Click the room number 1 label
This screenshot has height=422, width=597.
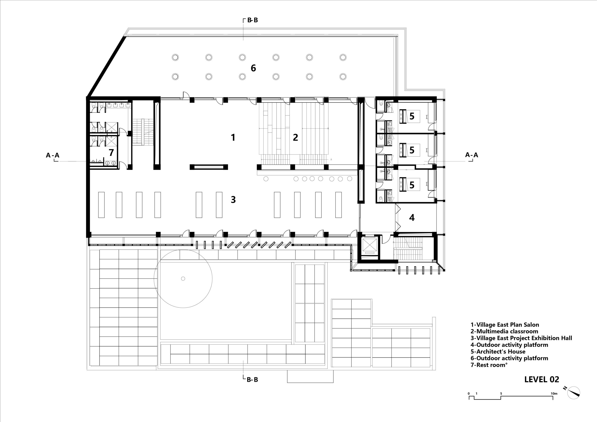tap(233, 137)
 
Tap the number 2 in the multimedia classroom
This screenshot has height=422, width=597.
tap(295, 137)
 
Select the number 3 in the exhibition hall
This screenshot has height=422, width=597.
tap(233, 200)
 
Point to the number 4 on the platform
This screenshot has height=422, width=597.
tap(412, 218)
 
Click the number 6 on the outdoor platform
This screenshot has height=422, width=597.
tap(253, 68)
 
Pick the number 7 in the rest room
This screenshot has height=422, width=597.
tap(111, 153)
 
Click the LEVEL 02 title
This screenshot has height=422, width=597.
tap(542, 380)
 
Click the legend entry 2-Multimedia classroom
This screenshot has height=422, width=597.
tap(504, 331)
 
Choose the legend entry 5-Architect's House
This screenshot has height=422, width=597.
tap(498, 352)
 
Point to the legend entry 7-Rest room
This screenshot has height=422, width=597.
tap(489, 365)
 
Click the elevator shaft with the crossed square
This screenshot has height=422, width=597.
tap(369, 246)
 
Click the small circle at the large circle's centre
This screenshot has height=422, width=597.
tap(183, 279)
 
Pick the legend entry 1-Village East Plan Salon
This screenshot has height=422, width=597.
tap(505, 325)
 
